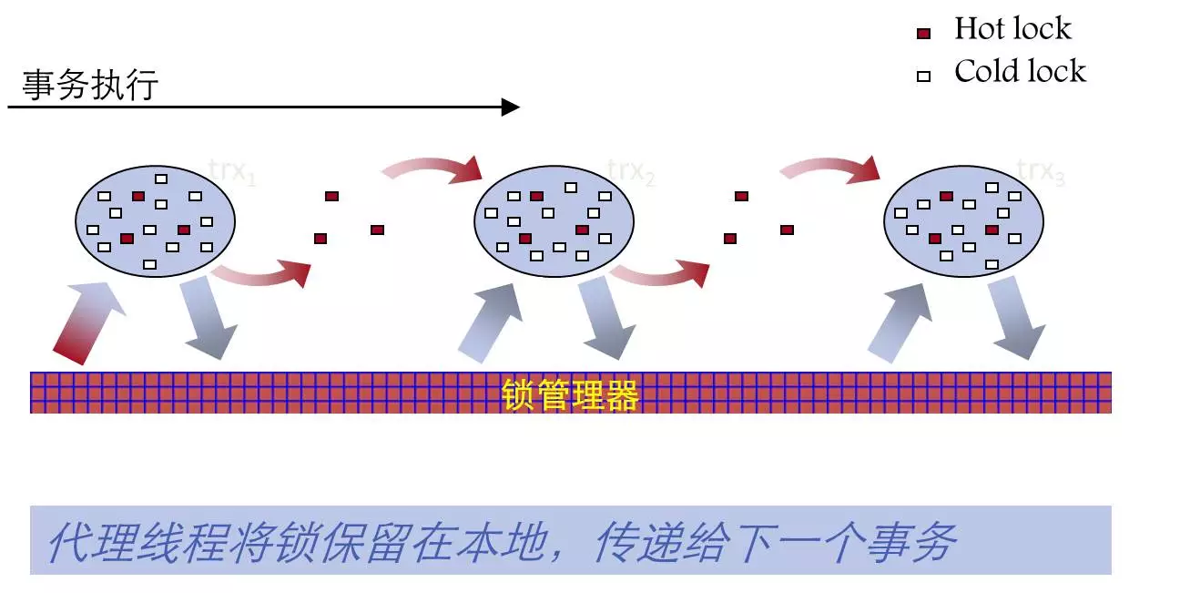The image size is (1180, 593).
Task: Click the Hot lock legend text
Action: [x=1012, y=29]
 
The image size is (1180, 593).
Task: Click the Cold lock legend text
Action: [x=1020, y=72]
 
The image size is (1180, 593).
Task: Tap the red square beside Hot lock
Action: [x=923, y=34]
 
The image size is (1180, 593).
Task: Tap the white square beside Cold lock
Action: [x=923, y=77]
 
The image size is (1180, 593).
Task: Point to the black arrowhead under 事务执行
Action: [x=511, y=107]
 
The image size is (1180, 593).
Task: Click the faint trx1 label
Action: [x=232, y=171]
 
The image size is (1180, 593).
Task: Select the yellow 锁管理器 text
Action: [x=570, y=395]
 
